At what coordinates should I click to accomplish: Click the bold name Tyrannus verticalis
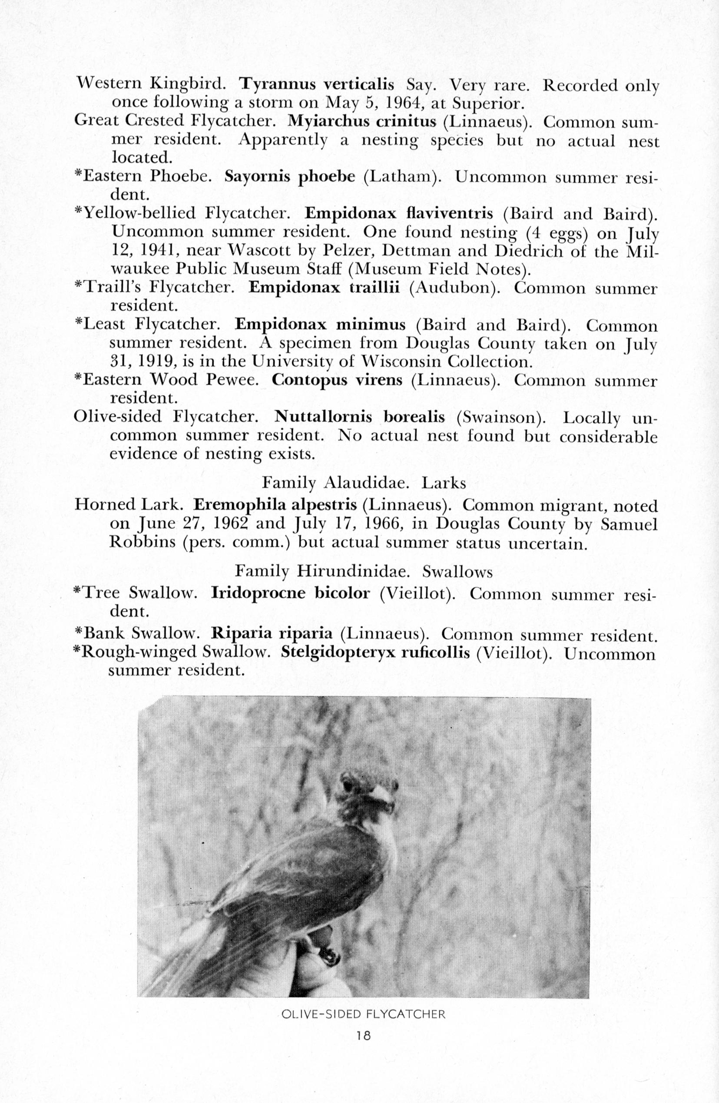(317, 85)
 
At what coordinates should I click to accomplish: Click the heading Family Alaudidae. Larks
(364, 483)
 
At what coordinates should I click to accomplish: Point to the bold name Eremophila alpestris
(275, 504)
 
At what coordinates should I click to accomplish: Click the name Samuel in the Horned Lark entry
(629, 523)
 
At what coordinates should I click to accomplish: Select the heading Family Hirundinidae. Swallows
(364, 571)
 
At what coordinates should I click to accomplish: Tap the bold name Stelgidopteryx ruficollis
(375, 653)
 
